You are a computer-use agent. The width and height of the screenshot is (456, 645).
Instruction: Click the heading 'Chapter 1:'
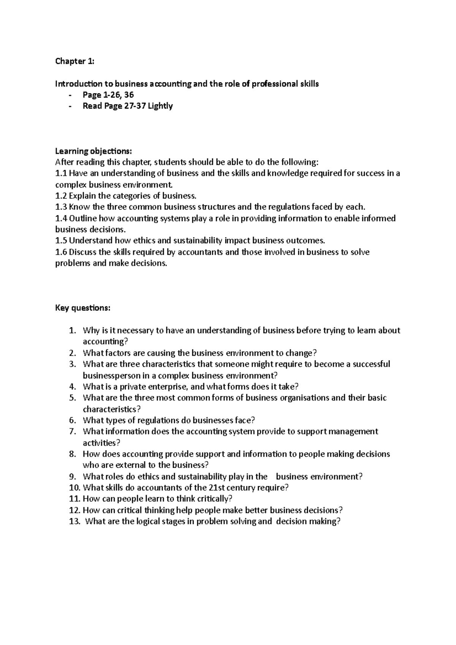pyautogui.click(x=74, y=61)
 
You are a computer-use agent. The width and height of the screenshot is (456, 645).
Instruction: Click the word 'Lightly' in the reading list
pyautogui.click(x=160, y=106)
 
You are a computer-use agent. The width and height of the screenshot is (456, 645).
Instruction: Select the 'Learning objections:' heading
pyautogui.click(x=93, y=151)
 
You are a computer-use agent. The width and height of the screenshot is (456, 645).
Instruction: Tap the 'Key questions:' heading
pyautogui.click(x=83, y=308)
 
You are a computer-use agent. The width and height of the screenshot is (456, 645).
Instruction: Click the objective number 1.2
pyautogui.click(x=61, y=196)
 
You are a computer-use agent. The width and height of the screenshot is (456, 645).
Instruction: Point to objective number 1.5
pyautogui.click(x=61, y=240)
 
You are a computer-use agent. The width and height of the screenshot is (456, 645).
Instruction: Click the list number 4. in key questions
pyautogui.click(x=73, y=387)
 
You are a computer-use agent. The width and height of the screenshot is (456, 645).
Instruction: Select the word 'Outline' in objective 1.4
pyautogui.click(x=83, y=218)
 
